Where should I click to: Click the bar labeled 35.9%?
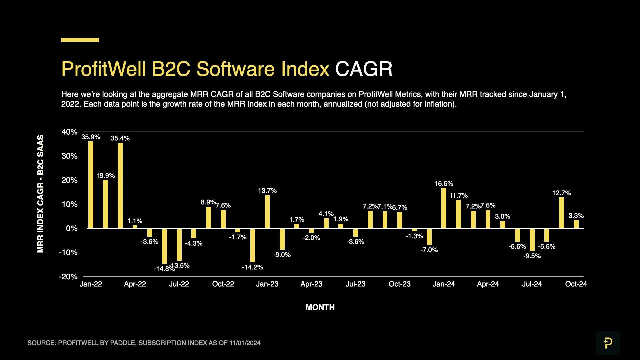pyautogui.click(x=91, y=185)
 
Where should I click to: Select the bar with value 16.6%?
pyautogui.click(x=444, y=208)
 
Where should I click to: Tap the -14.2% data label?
pyautogui.click(x=252, y=267)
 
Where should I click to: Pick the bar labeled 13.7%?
pyautogui.click(x=267, y=211)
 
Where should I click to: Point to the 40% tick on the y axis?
pyautogui.click(x=69, y=132)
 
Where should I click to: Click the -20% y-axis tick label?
pyautogui.click(x=68, y=277)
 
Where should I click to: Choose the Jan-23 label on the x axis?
pyautogui.click(x=267, y=284)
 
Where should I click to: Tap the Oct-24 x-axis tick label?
pyautogui.click(x=576, y=284)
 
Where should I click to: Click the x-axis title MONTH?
pyautogui.click(x=320, y=307)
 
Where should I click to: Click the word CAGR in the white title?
pyautogui.click(x=364, y=69)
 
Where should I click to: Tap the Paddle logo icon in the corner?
pyautogui.click(x=608, y=343)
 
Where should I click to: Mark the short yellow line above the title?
pyautogui.click(x=80, y=40)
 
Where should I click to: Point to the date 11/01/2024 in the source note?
pyautogui.click(x=245, y=343)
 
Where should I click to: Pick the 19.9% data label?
pyautogui.click(x=105, y=176)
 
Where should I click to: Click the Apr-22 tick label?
pyautogui.click(x=135, y=284)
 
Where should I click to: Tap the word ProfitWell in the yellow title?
pyautogui.click(x=104, y=69)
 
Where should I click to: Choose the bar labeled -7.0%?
pyautogui.click(x=429, y=237)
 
